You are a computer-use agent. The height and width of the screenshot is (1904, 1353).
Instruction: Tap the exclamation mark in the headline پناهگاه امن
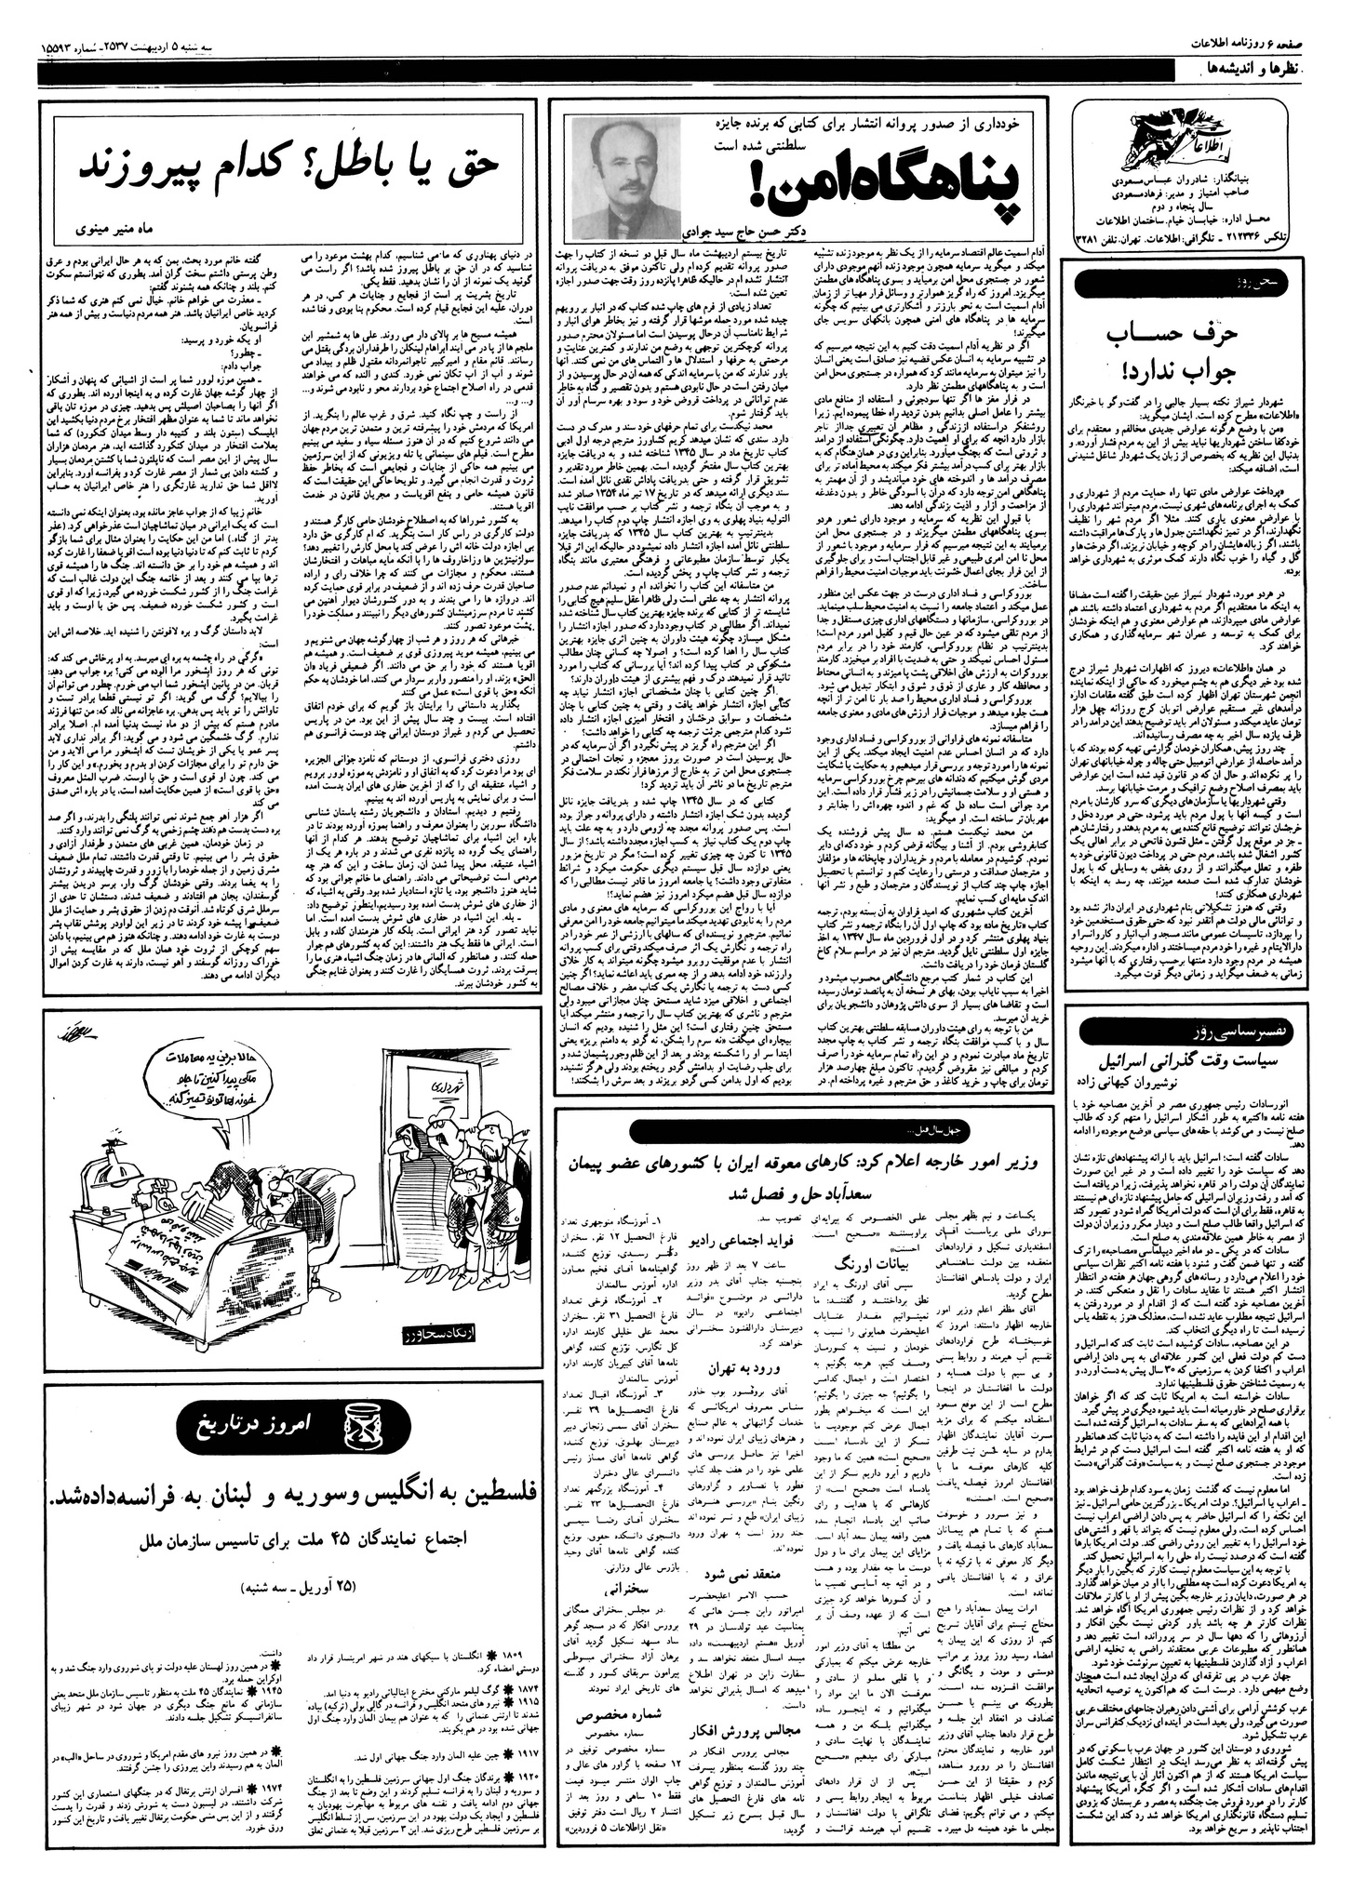tap(769, 187)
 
